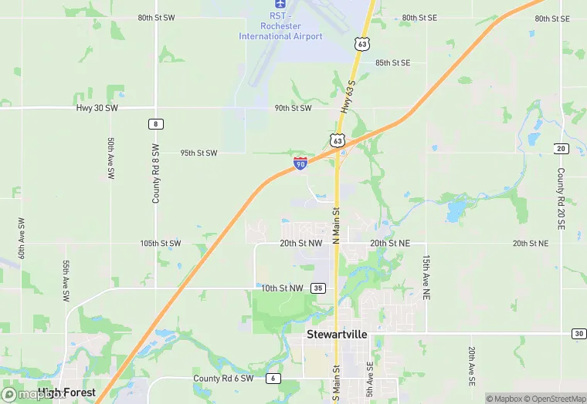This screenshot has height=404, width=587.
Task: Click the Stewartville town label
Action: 337,335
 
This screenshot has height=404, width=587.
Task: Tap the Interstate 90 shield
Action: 300,163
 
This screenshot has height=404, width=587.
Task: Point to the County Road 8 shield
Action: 156,123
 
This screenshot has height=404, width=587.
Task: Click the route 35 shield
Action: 318,288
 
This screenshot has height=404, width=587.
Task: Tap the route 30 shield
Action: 579,333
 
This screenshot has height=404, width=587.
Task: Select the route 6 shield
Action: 273,379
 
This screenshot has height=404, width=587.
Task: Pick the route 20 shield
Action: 562,148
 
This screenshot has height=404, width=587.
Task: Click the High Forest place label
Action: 67,392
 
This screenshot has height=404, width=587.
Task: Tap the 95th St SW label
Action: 199,153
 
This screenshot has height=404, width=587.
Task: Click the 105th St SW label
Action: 161,243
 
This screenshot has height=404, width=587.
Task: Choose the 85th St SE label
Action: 392,62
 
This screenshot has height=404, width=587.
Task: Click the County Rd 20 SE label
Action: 561,200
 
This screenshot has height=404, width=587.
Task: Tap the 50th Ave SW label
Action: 111,159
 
